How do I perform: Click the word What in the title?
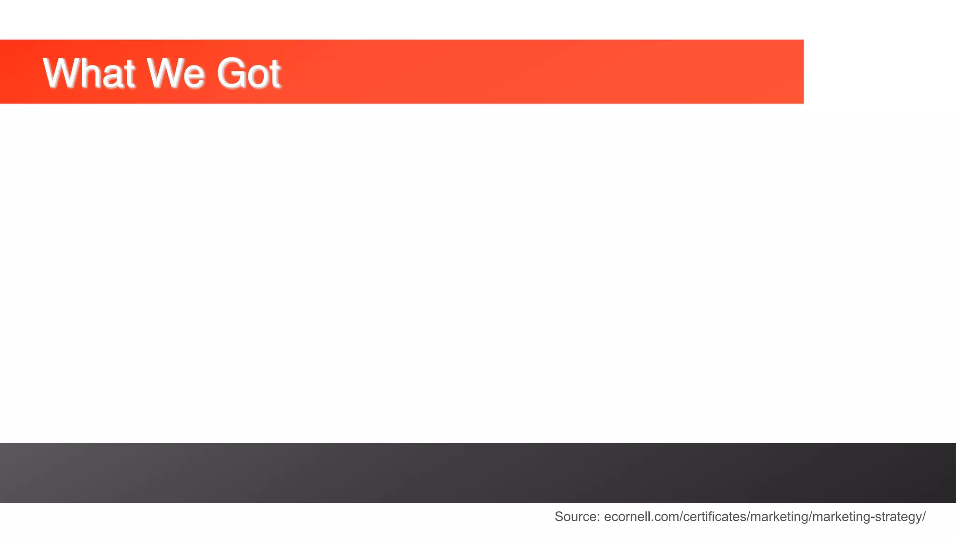(x=89, y=73)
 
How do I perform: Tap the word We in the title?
(x=175, y=73)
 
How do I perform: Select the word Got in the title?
(x=248, y=73)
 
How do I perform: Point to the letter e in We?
(x=193, y=76)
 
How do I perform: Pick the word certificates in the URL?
(x=714, y=517)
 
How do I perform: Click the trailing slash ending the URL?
(x=924, y=517)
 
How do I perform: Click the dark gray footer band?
(x=478, y=473)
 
